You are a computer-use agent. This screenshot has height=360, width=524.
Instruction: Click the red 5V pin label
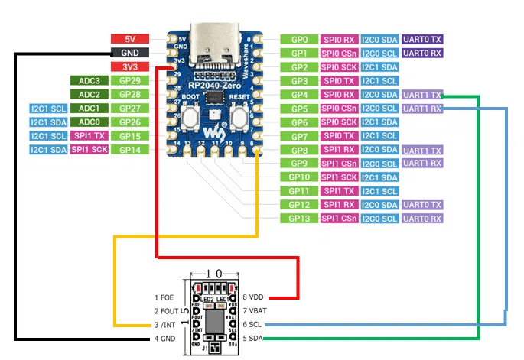click(125, 39)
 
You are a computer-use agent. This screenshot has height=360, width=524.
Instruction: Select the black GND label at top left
click(125, 53)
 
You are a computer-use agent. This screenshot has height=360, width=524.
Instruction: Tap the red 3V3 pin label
click(125, 66)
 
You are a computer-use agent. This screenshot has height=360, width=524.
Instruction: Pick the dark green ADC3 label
click(89, 80)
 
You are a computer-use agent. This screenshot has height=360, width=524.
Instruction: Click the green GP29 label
click(129, 80)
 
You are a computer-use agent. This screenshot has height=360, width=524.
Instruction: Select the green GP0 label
click(300, 39)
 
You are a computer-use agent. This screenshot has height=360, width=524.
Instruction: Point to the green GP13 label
click(300, 219)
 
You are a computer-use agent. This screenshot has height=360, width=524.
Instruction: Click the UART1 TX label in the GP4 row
click(421, 95)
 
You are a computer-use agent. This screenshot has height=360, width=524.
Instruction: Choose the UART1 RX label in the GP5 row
click(421, 109)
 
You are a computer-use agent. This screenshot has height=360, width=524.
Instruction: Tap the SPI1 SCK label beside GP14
click(89, 149)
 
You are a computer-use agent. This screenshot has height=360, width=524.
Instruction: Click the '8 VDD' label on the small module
click(255, 297)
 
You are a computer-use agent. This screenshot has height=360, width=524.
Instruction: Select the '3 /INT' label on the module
click(167, 324)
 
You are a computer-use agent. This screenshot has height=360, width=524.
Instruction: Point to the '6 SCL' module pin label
click(254, 324)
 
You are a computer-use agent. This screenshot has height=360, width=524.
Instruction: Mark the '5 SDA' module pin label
click(254, 338)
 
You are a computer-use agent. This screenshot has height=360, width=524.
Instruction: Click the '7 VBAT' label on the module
click(256, 310)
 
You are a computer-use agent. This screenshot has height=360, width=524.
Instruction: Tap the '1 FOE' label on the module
click(166, 297)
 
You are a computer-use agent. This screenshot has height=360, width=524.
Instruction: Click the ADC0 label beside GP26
click(89, 122)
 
